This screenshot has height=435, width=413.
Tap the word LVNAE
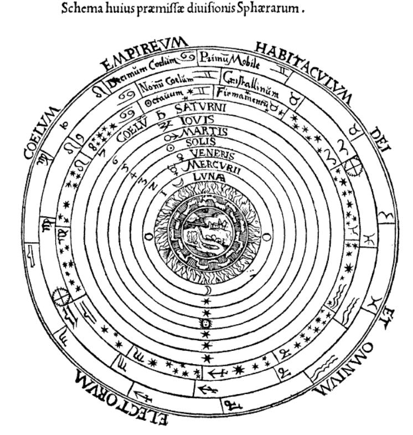tap(208, 177)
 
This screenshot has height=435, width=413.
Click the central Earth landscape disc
tap(206, 234)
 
